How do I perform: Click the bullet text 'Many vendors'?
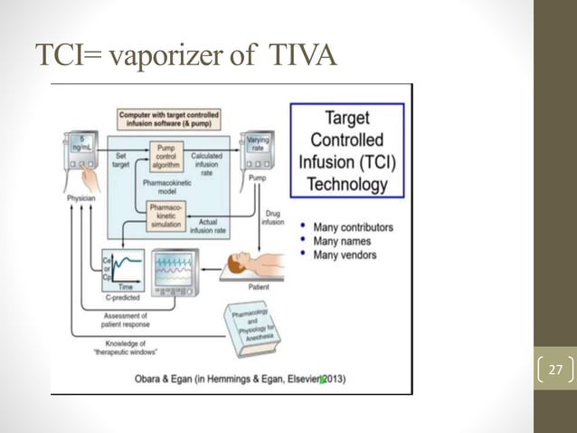coord(343,255)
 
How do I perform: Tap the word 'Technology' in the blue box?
coord(348,185)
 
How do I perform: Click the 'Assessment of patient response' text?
coord(121,320)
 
